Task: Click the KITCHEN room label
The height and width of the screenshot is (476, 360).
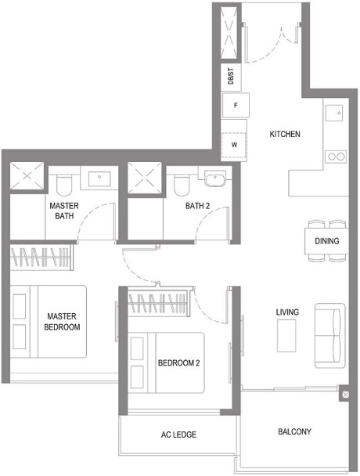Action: [x=284, y=134]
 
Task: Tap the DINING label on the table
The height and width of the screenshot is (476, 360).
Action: [x=326, y=241]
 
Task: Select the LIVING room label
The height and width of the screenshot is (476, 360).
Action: [x=287, y=312]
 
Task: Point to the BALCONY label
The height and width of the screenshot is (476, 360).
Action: [x=294, y=431]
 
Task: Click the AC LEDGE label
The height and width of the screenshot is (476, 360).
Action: [x=178, y=435]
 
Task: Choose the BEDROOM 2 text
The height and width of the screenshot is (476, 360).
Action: [x=179, y=363]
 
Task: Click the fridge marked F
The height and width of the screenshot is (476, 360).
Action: [x=235, y=105]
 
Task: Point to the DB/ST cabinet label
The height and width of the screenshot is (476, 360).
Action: [x=232, y=77]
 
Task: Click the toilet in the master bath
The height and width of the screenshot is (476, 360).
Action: [x=65, y=185]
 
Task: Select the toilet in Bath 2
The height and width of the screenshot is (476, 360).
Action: [x=182, y=184]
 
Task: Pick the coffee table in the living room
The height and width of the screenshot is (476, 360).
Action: [x=287, y=337]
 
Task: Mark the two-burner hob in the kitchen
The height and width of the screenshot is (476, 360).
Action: [x=337, y=156]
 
